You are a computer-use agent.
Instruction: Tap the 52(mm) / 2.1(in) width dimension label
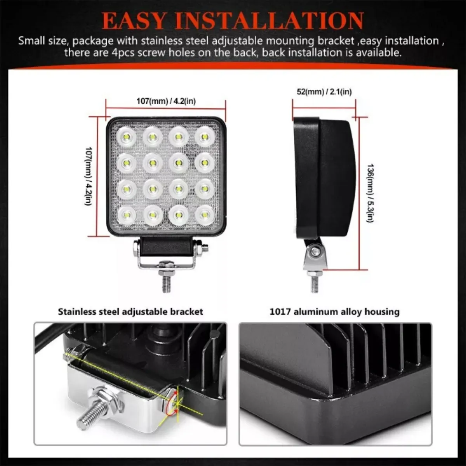point(324,92)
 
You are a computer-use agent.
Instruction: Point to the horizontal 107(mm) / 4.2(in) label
point(166,101)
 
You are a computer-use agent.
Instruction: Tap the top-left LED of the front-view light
point(127,137)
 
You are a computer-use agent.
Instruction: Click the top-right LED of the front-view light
point(205,137)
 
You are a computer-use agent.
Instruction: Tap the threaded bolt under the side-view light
point(314,283)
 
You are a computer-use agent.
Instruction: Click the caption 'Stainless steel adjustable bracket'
point(130,311)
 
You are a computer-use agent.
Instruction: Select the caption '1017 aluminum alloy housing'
point(334,311)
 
